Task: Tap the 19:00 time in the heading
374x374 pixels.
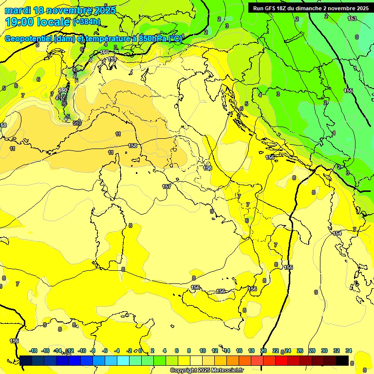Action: click(20, 22)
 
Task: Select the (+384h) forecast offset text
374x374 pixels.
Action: click(87, 22)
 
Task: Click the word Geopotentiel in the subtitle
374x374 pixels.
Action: click(29, 39)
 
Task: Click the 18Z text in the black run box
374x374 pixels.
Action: click(282, 8)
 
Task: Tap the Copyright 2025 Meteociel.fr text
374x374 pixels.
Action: click(206, 371)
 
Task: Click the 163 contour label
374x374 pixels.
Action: click(352, 19)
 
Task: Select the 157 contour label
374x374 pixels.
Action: click(167, 187)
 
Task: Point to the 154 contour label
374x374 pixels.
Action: click(337, 234)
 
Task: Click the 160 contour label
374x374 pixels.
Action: click(104, 52)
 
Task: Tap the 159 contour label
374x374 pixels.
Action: click(112, 59)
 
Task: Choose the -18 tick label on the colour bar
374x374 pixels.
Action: click(33, 351)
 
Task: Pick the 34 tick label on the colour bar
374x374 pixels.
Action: click(349, 351)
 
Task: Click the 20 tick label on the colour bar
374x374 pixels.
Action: click(263, 351)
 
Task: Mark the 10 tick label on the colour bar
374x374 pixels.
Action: click(202, 351)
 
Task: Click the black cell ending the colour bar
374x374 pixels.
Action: click(342, 361)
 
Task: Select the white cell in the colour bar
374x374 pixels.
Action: click(196, 361)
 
